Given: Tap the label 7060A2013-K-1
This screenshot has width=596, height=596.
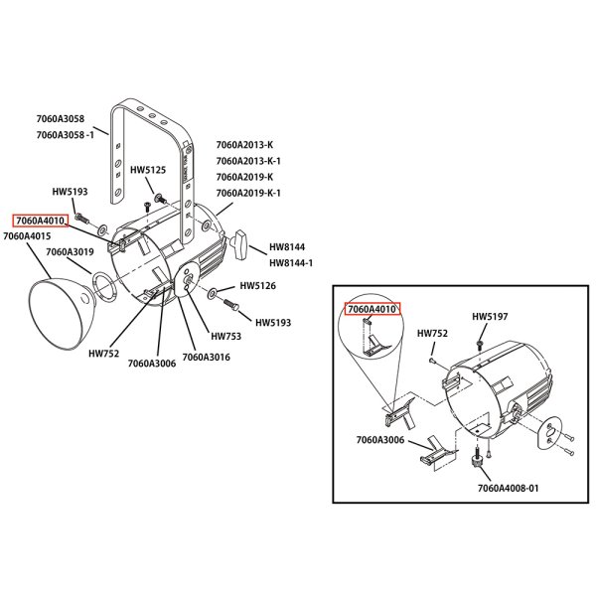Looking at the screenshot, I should (248, 161).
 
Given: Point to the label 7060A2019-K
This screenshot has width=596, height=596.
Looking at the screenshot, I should (244, 177).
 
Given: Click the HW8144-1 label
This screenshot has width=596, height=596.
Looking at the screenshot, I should (291, 263).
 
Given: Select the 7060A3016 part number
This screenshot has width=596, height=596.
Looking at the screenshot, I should (207, 357).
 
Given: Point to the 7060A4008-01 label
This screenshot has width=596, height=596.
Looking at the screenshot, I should (508, 489).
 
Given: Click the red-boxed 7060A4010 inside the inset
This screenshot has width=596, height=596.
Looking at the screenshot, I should (372, 309).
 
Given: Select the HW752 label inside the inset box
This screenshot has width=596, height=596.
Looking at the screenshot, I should (431, 334).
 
